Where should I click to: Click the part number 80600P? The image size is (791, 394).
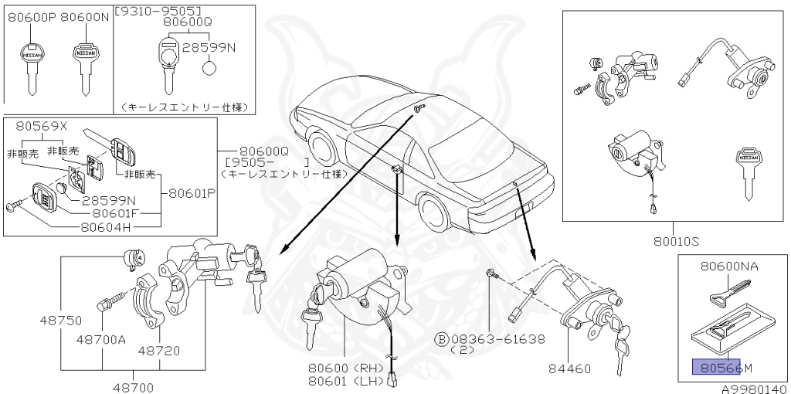[x=31, y=16]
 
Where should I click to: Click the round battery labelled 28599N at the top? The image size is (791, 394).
[x=209, y=68]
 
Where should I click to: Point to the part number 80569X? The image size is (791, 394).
[x=39, y=127]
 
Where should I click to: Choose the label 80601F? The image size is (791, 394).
[x=116, y=212]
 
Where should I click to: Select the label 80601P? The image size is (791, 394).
[x=191, y=194]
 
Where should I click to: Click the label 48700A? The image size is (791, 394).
[x=100, y=338]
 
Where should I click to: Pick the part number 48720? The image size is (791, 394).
[x=159, y=350]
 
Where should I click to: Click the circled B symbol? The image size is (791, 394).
[x=442, y=339]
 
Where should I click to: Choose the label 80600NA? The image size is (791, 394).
[x=729, y=267]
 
